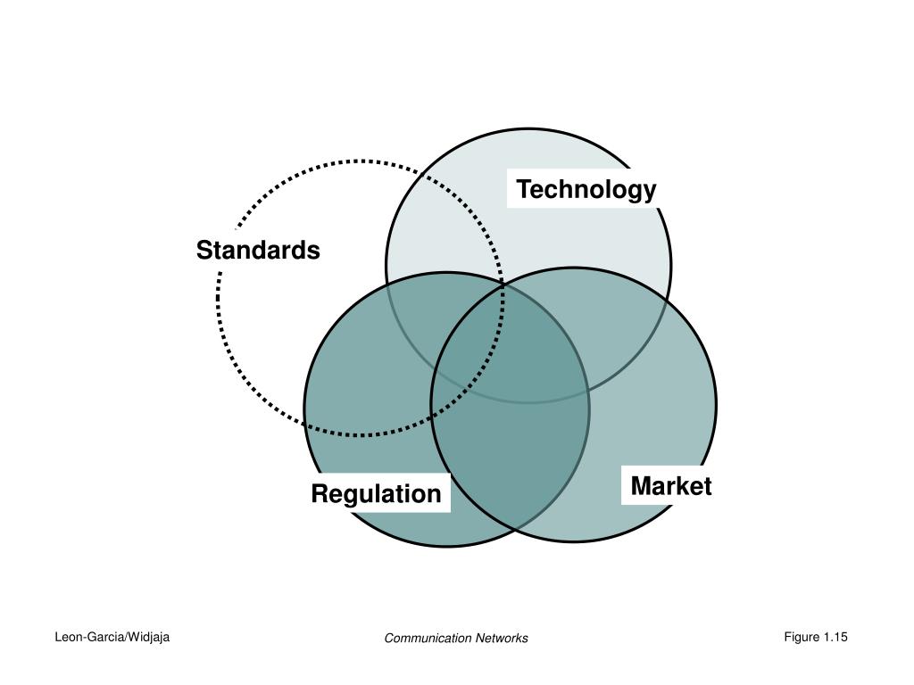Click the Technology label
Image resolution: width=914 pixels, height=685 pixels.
(x=586, y=189)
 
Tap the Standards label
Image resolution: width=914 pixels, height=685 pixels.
(x=258, y=251)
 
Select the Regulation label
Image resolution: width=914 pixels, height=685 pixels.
(x=376, y=493)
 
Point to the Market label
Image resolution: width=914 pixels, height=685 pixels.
(x=670, y=486)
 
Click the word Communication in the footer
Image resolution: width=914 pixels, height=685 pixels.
(x=428, y=638)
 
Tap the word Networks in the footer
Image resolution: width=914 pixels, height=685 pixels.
(x=502, y=638)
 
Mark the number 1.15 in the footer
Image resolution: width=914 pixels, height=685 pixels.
(x=836, y=637)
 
